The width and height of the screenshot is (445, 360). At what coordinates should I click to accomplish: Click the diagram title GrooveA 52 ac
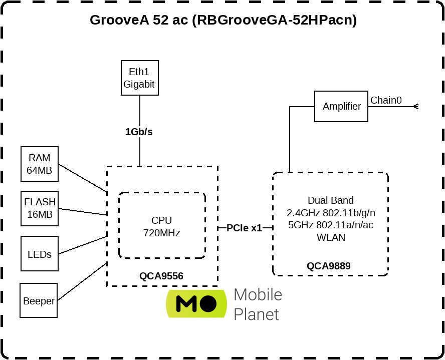(223, 21)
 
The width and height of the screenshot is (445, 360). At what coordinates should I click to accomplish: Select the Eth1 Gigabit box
(139, 78)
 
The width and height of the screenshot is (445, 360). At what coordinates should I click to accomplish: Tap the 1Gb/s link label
(139, 132)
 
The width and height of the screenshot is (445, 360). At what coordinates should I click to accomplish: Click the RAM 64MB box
(39, 164)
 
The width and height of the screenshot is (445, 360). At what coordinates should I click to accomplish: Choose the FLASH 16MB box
(40, 208)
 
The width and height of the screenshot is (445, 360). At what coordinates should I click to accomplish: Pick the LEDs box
(39, 254)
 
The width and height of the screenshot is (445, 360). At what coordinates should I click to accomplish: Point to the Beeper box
(39, 300)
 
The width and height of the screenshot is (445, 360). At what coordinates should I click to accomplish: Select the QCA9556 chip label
(161, 276)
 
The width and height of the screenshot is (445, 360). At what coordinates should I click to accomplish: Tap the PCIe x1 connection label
(244, 228)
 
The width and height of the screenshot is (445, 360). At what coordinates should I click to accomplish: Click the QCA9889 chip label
(329, 266)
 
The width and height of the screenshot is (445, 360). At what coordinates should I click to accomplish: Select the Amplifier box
(341, 106)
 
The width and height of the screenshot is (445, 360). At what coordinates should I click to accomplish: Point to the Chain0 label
(386, 100)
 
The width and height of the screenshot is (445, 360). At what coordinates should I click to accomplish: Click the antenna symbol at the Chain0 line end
(414, 106)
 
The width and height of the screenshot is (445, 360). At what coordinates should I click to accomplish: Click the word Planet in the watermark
(256, 314)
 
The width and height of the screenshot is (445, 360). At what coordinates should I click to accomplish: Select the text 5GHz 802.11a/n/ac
(330, 225)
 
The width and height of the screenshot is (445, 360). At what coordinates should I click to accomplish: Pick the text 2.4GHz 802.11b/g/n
(330, 212)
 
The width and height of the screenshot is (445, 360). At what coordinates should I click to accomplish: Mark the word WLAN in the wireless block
(331, 237)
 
